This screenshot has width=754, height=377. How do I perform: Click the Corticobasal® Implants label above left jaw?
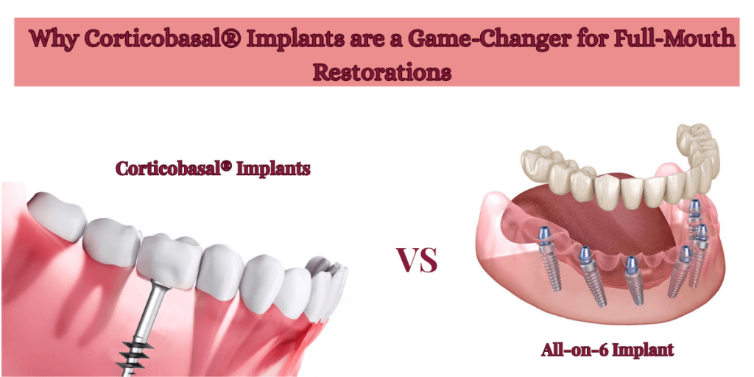pos(212,169)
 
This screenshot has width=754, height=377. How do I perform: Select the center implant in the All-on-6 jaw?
pos(631,280)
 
